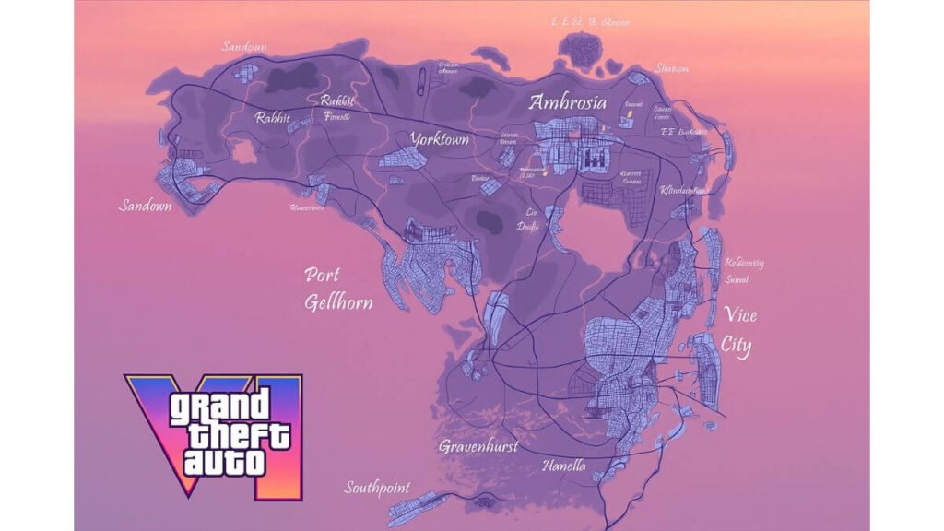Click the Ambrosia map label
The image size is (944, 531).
click(567, 102)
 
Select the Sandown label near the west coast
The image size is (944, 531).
click(146, 206)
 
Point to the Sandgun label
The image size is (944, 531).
click(244, 46)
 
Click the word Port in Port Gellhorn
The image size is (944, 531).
click(323, 275)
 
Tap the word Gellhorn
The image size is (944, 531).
click(339, 301)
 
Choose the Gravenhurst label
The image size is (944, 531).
click(478, 446)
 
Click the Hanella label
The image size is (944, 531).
click(563, 466)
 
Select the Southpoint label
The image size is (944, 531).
click(377, 487)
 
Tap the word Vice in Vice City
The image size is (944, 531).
click(740, 316)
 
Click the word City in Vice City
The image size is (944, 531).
click(736, 348)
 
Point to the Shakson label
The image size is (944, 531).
click(671, 68)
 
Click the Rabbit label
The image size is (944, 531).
click(273, 118)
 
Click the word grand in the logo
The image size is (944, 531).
click(219, 407)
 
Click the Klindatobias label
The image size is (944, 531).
click(683, 190)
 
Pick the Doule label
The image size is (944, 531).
click(528, 226)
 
